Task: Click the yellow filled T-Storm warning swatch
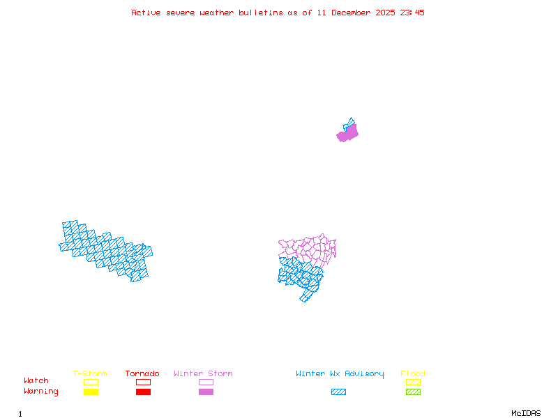coord(91,392)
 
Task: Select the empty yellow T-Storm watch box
coord(91,382)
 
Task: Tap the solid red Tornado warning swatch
coord(143,392)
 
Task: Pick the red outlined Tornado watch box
coord(143,382)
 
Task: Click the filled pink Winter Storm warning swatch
coord(206,392)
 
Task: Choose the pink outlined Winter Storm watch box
coord(206,382)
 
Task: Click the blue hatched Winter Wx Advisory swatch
coord(338,392)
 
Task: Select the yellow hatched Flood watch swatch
coord(413,382)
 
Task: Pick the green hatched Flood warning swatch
coord(413,392)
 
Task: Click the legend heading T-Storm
coord(90,373)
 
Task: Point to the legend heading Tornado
coord(142,373)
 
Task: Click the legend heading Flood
coord(413,373)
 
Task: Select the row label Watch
coord(36,381)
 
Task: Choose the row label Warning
coord(40,392)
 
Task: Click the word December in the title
coord(354,13)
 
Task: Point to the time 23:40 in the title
coord(412,13)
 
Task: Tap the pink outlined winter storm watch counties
coord(310,248)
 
